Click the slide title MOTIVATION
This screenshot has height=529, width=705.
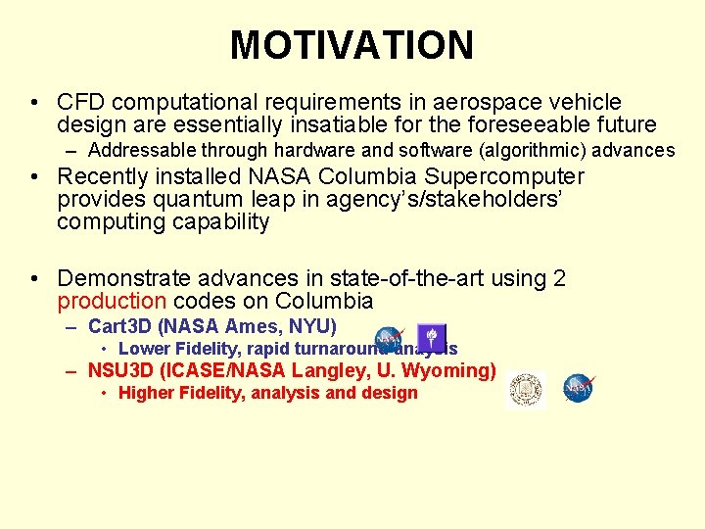coord(352,45)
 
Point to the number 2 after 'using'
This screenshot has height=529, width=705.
coord(559,279)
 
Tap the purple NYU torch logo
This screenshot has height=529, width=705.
coord(431,336)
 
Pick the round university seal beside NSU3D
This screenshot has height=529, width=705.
coord(526,389)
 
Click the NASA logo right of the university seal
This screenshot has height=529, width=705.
coord(579,388)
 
